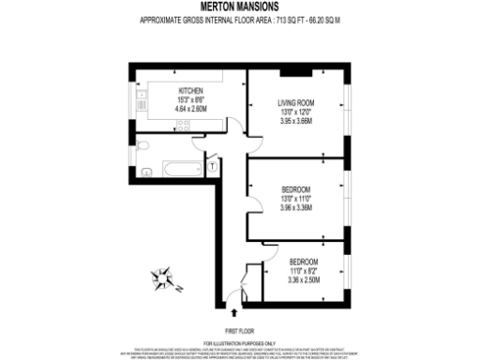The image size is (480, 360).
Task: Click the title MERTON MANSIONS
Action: pos(240,7)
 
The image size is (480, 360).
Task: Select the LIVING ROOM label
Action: pos(295,103)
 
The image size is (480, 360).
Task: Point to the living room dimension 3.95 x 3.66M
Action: pos(295,121)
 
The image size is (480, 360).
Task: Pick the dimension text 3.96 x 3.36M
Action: pos(295,207)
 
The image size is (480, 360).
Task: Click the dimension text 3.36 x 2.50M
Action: pos(303,278)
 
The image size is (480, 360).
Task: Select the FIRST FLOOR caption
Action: pos(239,331)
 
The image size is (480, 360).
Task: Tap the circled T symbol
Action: pos(213,166)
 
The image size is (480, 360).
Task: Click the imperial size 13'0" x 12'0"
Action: pos(295,112)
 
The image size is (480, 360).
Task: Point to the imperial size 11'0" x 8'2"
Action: pos(303,269)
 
